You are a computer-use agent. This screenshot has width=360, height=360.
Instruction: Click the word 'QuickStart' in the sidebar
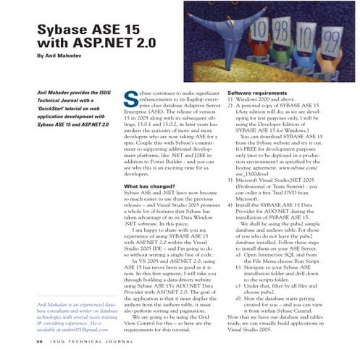[x=46, y=110]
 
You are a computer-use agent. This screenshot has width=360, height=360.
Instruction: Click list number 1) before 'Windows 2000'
[x=231, y=102]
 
